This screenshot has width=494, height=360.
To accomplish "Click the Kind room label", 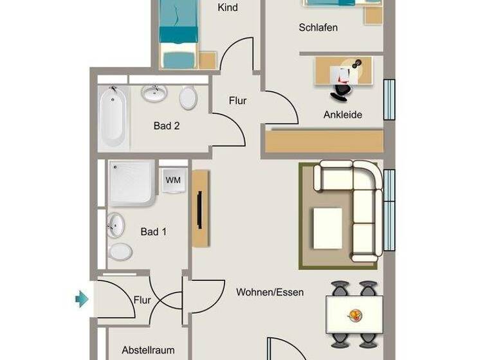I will coord(228,8).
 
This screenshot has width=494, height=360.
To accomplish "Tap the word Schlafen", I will coord(318,28).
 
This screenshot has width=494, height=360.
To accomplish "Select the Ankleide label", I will coord(342,115).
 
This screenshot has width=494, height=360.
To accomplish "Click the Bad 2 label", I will coord(167,126).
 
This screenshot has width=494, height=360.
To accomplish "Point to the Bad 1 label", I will coord(154,231).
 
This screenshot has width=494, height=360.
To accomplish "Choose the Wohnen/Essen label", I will coord(270,292).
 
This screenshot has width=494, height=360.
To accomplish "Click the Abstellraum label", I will coord(148,351).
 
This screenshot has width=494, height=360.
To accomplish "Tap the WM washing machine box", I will coord(173,180).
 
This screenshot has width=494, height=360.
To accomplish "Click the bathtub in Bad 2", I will coord(113,116).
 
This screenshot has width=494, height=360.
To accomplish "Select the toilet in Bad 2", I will coord(188,98).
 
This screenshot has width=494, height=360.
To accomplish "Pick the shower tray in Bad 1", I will coord(131,183).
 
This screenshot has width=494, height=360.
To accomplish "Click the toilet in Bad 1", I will coord(120,251).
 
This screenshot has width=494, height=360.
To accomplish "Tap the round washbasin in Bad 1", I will coord(116,225).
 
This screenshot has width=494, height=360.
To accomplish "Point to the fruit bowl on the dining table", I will coord(354,315).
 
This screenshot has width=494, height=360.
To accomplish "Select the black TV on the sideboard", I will coord(199,210).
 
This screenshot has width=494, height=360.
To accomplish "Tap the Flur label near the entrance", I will coord(142,300).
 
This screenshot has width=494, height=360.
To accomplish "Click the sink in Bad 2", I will coord(154,94).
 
